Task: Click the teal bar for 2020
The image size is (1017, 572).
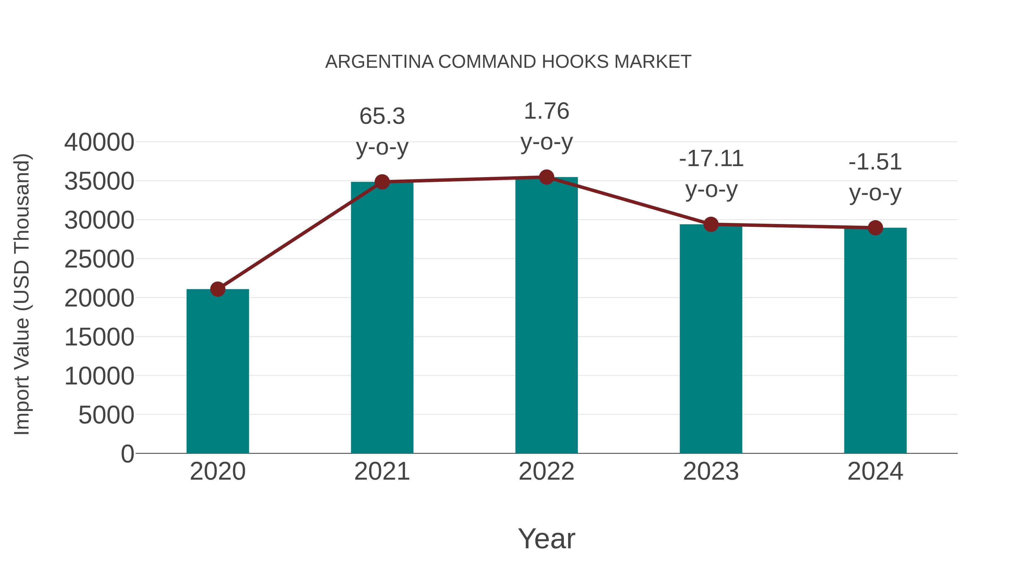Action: click(218, 371)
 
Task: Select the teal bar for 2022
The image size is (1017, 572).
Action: click(546, 316)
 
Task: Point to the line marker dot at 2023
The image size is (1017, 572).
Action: click(711, 224)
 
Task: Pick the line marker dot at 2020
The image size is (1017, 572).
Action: click(218, 289)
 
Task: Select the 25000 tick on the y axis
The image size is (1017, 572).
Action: click(99, 259)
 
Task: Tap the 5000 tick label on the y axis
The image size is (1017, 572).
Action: click(106, 415)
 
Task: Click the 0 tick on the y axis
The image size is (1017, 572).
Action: click(127, 454)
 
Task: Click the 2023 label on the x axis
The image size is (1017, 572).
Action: click(711, 471)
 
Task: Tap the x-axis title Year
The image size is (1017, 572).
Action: click(546, 538)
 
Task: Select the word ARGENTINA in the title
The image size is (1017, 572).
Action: click(379, 62)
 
